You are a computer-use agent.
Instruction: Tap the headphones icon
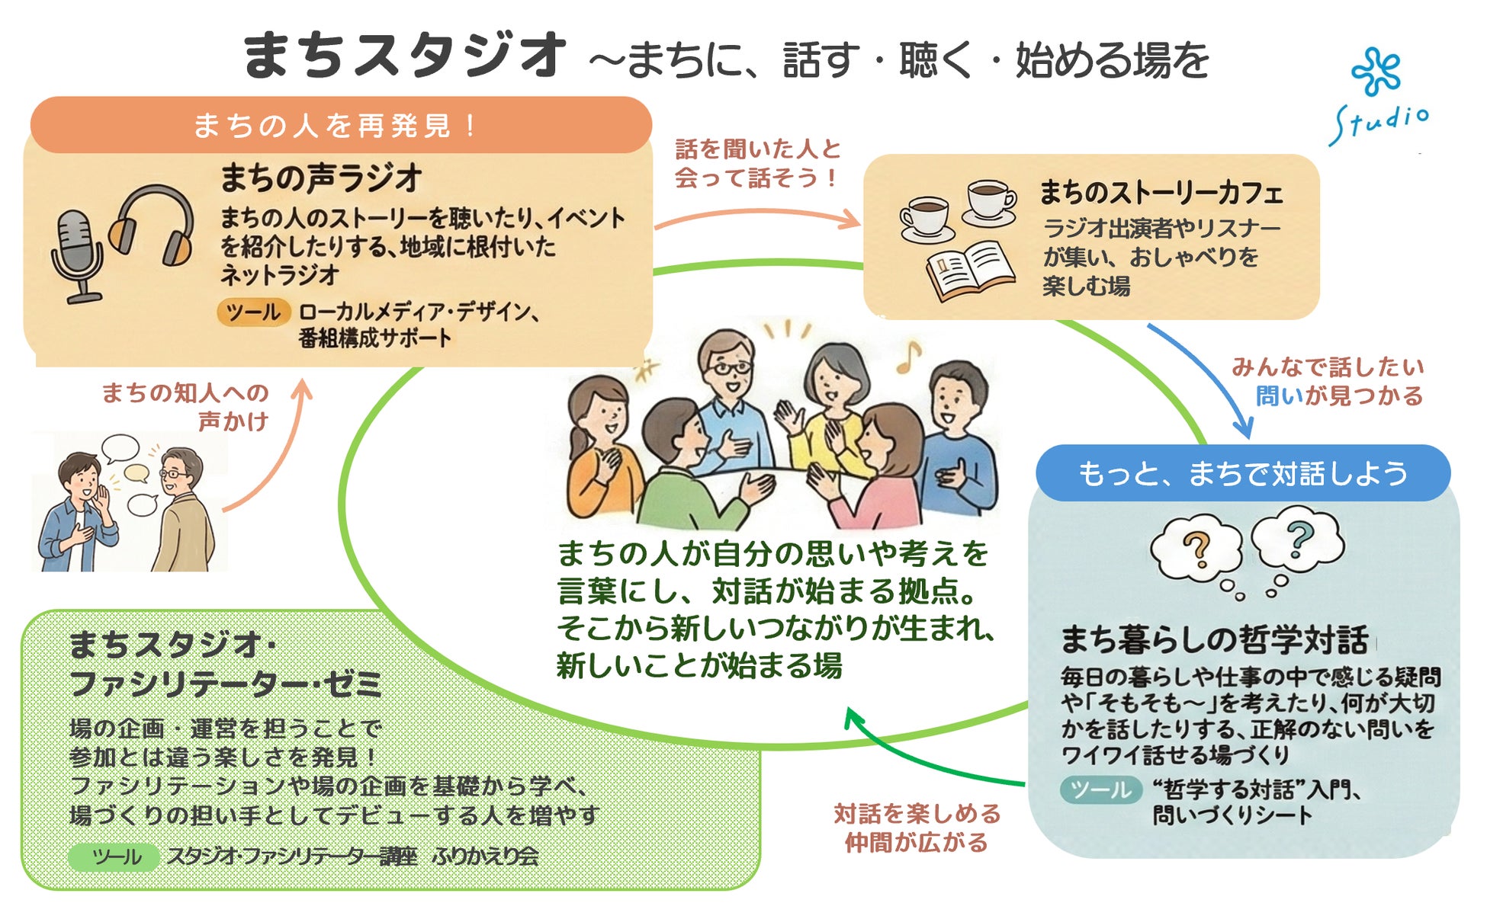153,226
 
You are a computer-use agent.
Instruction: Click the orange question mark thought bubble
1196,547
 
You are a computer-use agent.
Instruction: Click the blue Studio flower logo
1376,73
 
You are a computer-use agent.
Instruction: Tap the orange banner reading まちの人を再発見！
340,125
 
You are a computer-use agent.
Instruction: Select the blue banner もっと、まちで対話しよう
1242,473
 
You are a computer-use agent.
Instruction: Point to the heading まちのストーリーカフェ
1161,193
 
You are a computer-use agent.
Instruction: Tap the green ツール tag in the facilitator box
114,857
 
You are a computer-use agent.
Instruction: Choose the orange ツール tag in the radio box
253,312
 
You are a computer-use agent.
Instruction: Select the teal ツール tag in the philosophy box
1100,789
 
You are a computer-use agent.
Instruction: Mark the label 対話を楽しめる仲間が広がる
917,828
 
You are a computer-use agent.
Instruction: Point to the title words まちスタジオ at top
404,56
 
